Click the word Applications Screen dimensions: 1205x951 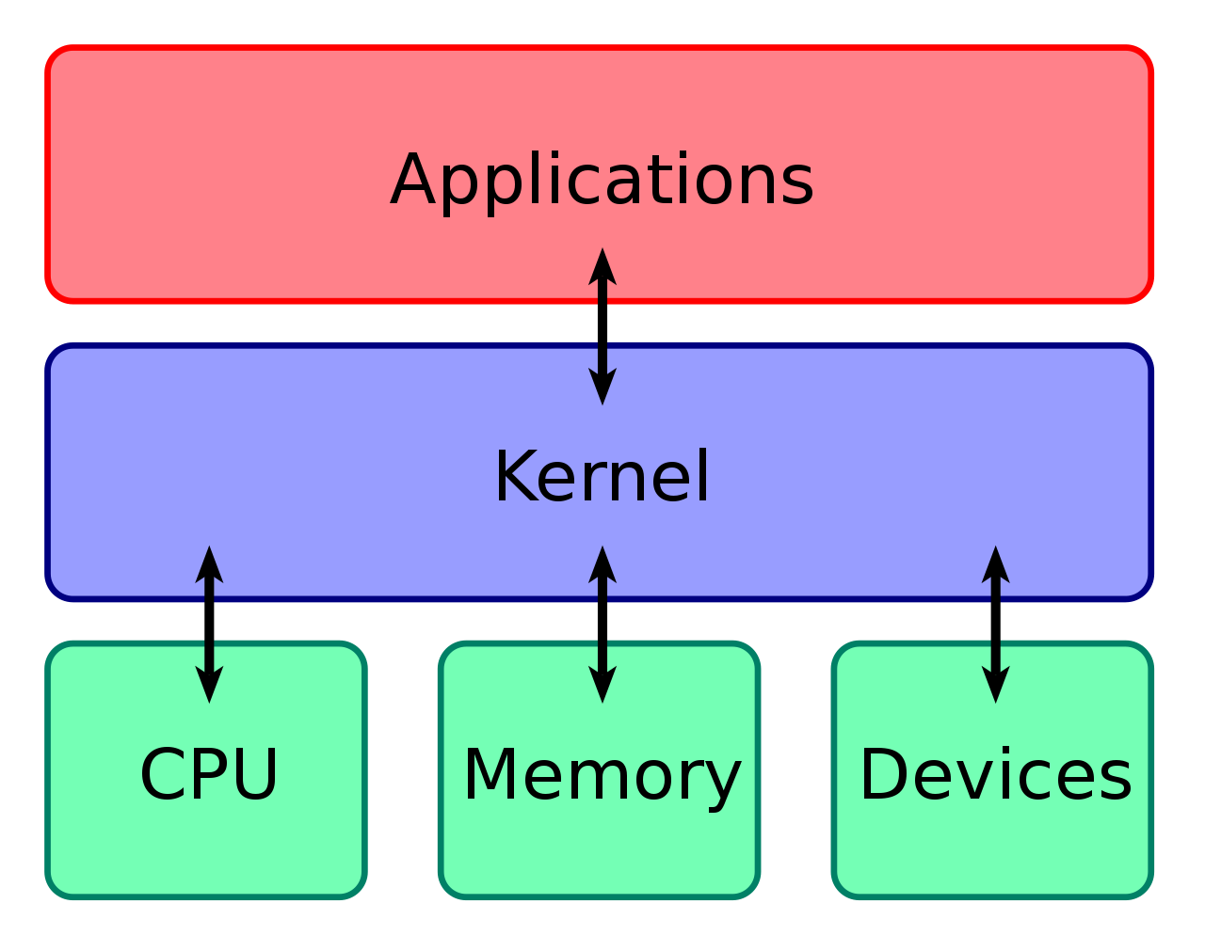[x=602, y=182]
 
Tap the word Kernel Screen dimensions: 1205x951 [x=602, y=476]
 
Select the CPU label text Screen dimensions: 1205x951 [x=209, y=774]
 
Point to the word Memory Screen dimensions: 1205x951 [x=602, y=779]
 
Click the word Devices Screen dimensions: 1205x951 [x=996, y=774]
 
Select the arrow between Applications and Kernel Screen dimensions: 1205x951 [x=602, y=326]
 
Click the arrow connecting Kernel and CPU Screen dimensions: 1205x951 [x=209, y=625]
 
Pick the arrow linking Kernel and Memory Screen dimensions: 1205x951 [x=602, y=625]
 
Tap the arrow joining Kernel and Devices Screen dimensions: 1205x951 [x=996, y=625]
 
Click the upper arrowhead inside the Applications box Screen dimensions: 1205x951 [x=602, y=267]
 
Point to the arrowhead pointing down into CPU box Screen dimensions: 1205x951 [x=209, y=684]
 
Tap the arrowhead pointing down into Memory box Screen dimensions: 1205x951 [x=602, y=684]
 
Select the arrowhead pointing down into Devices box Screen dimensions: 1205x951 [x=996, y=684]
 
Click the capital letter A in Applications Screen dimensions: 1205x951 [x=413, y=179]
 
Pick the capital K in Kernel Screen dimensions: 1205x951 [x=516, y=476]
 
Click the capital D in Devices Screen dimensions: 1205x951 [x=884, y=773]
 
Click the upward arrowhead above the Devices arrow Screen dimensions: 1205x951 [x=996, y=565]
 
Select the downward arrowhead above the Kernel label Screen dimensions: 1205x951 [x=602, y=386]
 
